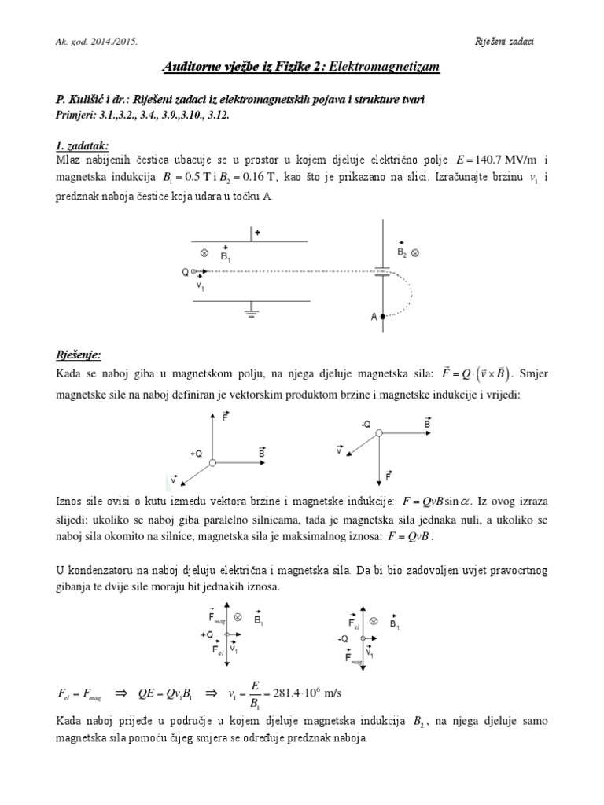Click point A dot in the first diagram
tap(383, 317)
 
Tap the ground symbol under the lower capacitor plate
tap(251, 312)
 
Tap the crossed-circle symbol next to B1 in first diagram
tap(205, 254)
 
